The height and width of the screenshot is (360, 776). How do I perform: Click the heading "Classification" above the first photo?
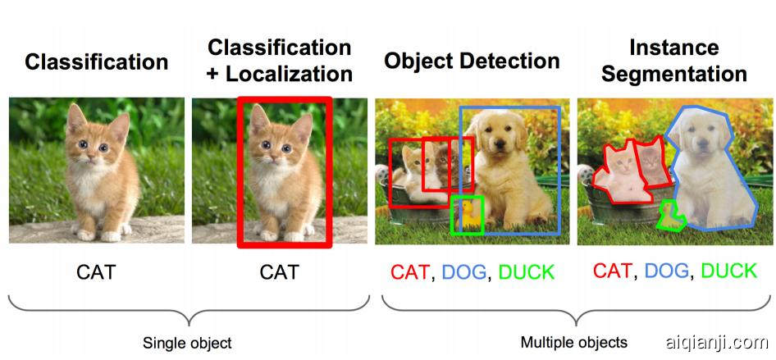(96, 62)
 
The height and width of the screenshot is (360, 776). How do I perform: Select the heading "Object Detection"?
(472, 61)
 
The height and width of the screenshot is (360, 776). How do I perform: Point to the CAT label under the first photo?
(96, 271)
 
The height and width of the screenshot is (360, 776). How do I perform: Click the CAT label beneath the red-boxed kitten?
(280, 271)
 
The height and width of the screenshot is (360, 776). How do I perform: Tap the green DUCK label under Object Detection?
(526, 272)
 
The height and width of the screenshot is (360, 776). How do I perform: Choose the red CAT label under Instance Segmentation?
(613, 270)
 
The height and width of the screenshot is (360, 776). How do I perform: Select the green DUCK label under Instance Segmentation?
(728, 271)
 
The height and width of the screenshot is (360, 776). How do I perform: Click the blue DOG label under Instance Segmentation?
(667, 271)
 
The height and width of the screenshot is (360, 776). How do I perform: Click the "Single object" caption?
(187, 343)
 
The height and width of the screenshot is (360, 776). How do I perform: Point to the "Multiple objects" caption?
(574, 342)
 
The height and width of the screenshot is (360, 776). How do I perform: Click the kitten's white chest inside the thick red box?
(275, 185)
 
